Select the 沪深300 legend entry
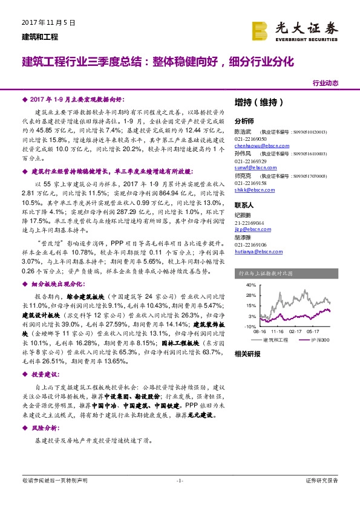click(319, 340)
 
